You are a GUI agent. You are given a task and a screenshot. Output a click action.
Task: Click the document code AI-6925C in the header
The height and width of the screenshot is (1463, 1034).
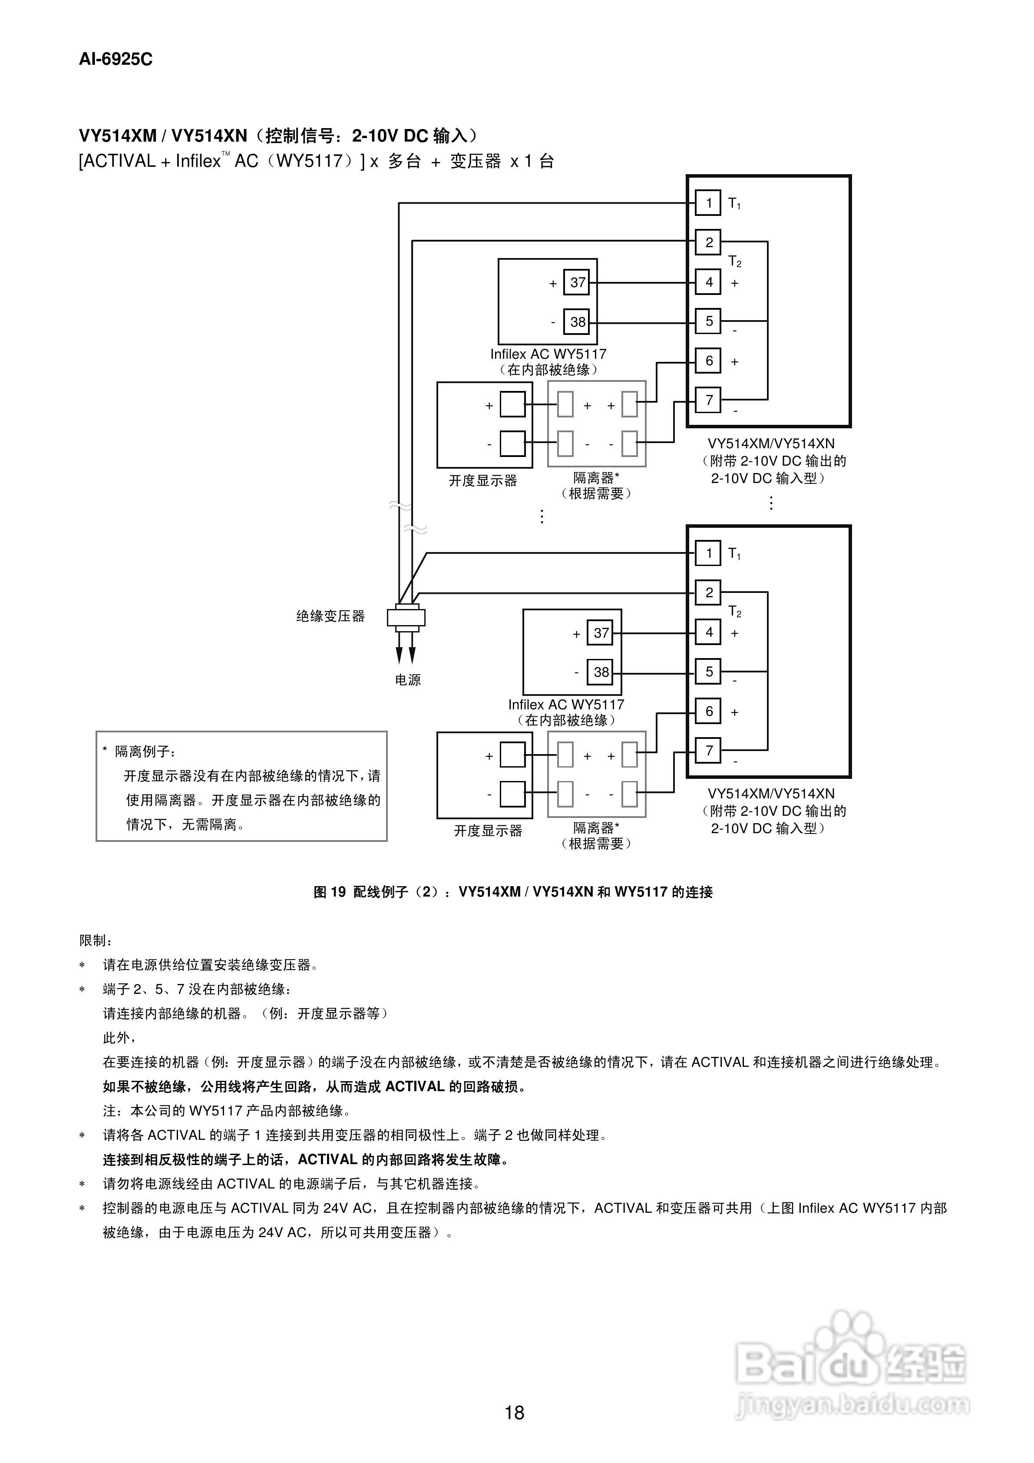click(116, 59)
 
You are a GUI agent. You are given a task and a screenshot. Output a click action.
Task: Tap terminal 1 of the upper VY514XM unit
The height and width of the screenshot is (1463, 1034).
click(708, 203)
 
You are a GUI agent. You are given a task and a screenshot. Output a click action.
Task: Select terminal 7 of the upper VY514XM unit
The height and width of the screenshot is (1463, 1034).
click(708, 400)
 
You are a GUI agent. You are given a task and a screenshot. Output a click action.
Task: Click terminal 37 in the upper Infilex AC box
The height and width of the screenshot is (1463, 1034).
click(577, 282)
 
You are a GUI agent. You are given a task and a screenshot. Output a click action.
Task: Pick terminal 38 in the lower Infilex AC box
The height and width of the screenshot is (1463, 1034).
click(600, 672)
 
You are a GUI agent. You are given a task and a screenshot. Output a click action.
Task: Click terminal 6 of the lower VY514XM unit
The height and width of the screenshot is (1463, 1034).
click(708, 711)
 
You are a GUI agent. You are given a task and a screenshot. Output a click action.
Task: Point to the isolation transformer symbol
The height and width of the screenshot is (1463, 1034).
click(406, 617)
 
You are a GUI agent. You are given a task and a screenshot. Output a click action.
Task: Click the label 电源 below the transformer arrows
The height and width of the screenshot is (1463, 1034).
click(408, 680)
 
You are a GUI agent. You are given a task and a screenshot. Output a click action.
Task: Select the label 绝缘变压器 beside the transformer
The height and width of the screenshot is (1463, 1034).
click(330, 616)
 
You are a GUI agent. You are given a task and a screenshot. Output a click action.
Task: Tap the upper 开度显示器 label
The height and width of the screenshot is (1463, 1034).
click(482, 480)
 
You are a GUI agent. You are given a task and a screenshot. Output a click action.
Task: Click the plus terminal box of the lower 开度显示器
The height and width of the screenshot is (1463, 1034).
click(512, 755)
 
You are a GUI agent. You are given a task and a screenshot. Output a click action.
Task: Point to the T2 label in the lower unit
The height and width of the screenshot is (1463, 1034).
click(734, 612)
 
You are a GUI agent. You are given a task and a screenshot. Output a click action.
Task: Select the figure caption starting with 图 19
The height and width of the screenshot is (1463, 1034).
click(513, 892)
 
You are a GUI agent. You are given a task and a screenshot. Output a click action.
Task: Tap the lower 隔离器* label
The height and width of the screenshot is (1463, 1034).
click(596, 827)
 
